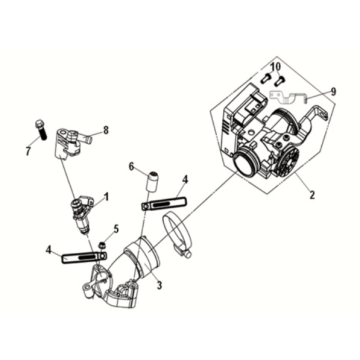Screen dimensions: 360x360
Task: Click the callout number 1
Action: click(x=106, y=197)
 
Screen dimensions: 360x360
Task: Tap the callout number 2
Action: click(x=312, y=195)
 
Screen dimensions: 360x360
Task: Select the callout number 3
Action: click(x=160, y=285)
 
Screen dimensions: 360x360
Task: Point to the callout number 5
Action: click(x=116, y=229)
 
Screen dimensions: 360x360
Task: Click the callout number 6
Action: click(x=131, y=166)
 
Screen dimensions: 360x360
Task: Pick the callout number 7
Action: click(x=28, y=152)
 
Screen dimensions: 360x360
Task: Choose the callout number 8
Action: click(x=106, y=130)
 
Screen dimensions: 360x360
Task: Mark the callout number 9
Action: click(x=333, y=92)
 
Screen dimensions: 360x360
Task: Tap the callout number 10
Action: click(x=276, y=67)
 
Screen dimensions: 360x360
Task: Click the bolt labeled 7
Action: click(x=40, y=130)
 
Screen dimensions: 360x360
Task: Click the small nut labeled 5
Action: click(x=101, y=245)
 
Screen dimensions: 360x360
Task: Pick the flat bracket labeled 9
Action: click(x=288, y=96)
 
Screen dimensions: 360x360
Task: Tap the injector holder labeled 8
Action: click(x=69, y=143)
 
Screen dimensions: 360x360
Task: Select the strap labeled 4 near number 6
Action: click(x=164, y=204)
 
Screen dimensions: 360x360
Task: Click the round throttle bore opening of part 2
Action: click(x=246, y=164)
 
